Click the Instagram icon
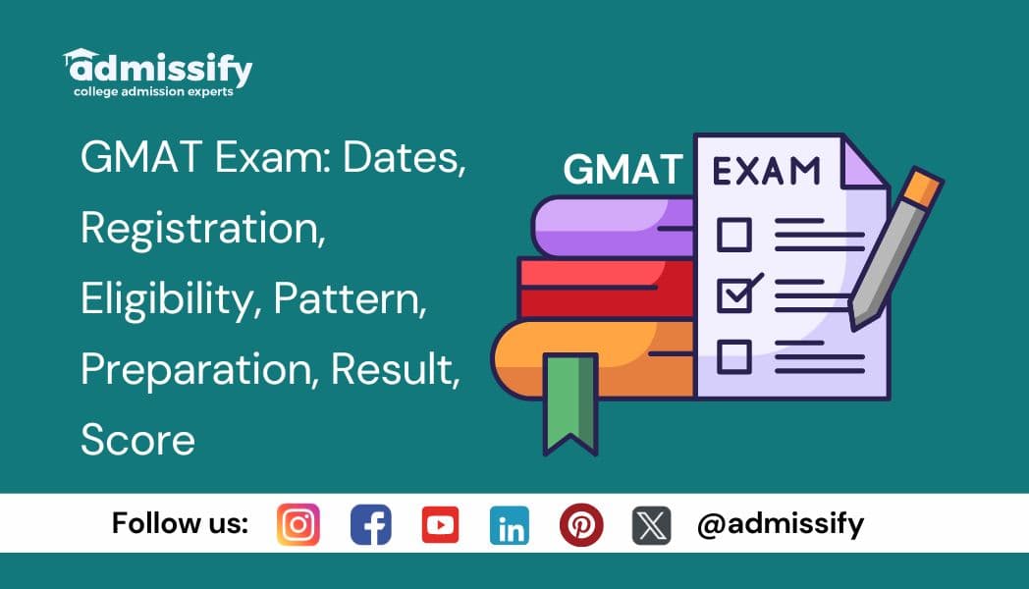298,524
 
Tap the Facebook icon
370,524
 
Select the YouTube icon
440,524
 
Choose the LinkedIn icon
509,524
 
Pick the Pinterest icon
580,524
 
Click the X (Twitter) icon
651,524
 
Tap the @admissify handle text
780,524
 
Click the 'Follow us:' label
180,523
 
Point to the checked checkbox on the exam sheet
735,294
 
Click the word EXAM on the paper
766,171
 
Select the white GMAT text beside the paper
623,170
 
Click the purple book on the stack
609,225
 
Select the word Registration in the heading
202,228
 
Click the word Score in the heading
137,440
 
